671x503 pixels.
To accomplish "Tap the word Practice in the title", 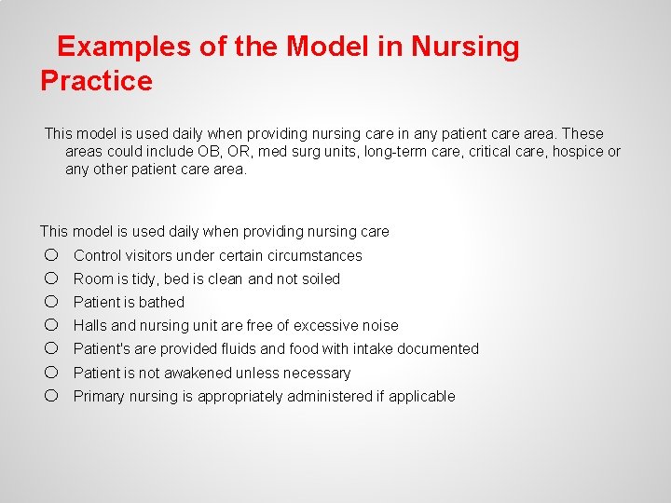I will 96,81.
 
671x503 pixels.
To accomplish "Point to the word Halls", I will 90,325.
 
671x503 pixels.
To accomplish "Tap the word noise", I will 378,325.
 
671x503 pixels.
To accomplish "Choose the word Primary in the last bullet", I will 99,396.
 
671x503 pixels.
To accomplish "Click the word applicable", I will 421,396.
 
